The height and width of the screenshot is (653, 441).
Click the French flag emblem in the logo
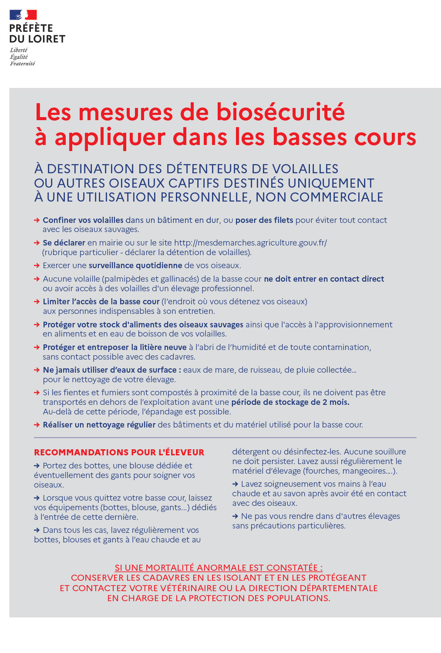[23, 16]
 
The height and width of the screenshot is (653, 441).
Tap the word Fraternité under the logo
[22, 64]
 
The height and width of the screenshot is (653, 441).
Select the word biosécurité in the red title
[280, 112]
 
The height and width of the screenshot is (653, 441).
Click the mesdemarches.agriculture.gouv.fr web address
[250, 243]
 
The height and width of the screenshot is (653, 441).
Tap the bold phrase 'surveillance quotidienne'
[135, 266]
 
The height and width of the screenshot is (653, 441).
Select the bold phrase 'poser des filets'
[264, 220]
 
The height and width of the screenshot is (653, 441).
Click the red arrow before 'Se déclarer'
[37, 243]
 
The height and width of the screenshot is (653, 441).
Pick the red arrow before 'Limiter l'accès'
[37, 302]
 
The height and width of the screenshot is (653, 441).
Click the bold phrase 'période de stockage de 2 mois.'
[290, 402]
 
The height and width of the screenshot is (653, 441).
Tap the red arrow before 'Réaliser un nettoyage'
[37, 425]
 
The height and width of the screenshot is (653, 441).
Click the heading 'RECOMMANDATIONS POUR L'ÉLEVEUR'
[119, 452]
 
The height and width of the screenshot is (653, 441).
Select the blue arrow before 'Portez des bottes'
[37, 466]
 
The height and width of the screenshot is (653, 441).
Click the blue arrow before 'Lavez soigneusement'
[236, 484]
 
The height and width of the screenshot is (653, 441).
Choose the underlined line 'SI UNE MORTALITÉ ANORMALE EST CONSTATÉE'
[219, 568]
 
